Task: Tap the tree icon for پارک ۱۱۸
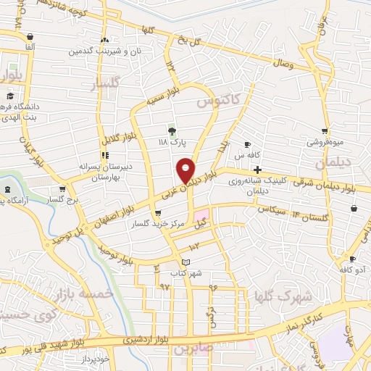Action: click(172, 131)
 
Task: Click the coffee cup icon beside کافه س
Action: click(248, 145)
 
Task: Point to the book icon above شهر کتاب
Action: click(186, 262)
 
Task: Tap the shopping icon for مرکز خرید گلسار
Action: click(159, 213)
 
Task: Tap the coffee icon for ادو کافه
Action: click(353, 259)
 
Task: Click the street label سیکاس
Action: click(271, 208)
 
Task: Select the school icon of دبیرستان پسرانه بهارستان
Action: click(106, 155)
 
